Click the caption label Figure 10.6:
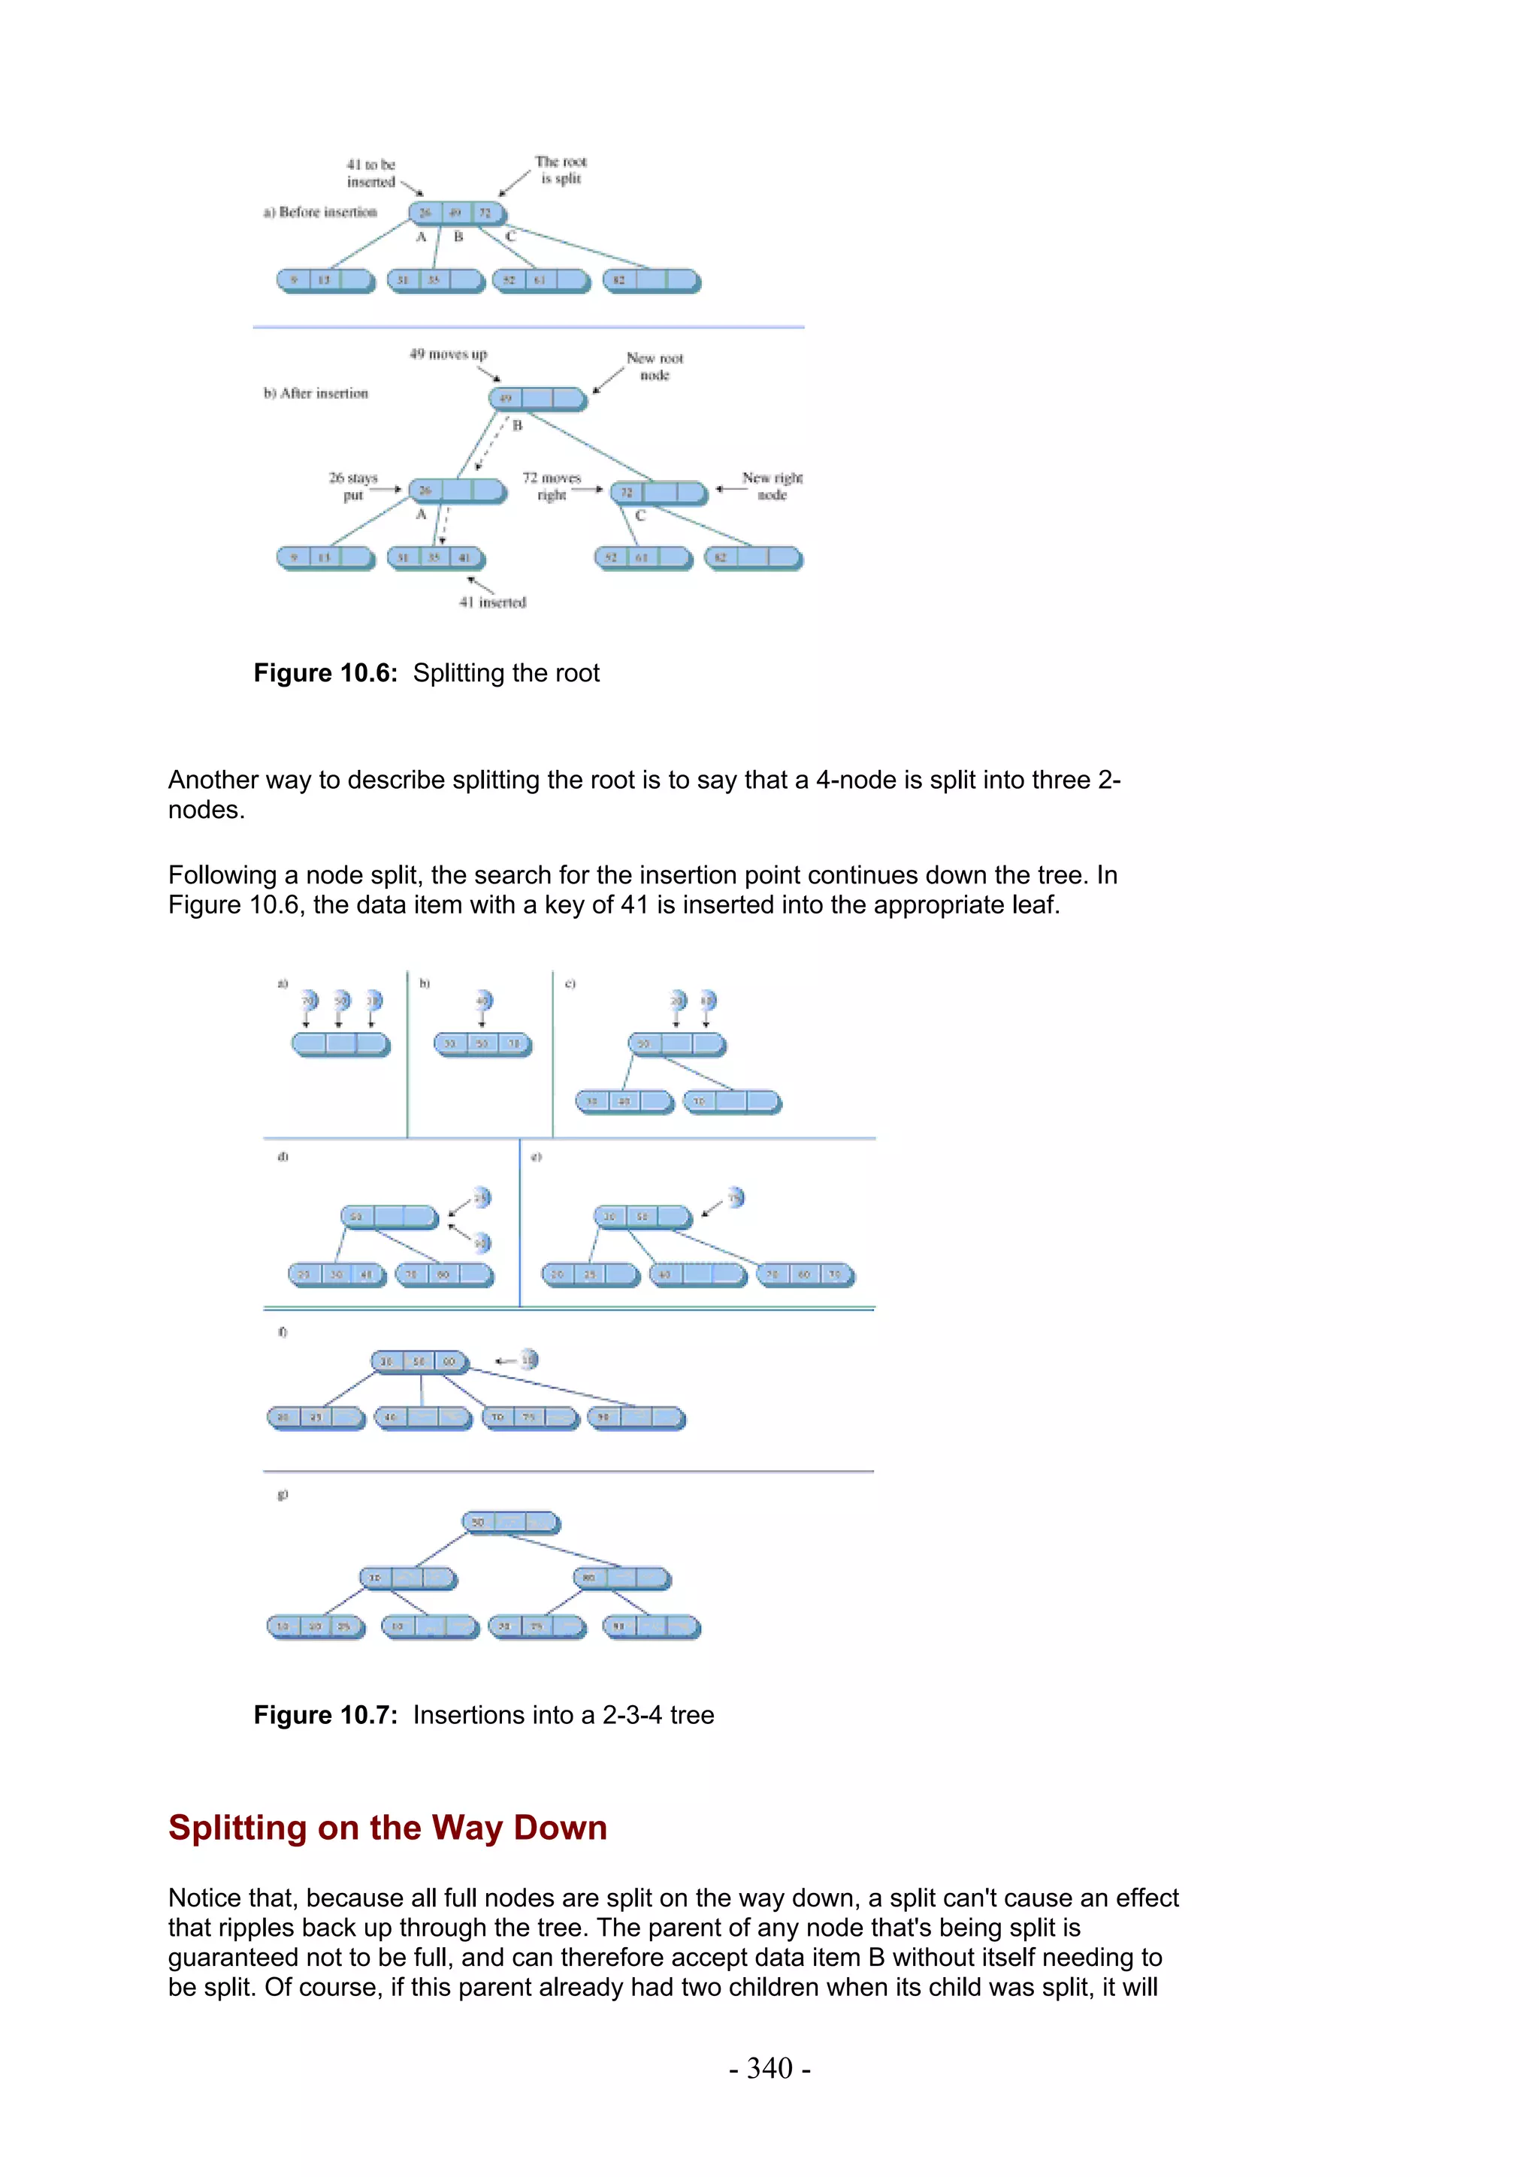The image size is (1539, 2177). click(325, 673)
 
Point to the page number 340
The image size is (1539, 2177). click(769, 2068)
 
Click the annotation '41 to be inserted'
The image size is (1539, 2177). click(370, 174)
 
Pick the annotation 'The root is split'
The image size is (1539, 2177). click(561, 170)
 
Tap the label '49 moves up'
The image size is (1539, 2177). click(448, 355)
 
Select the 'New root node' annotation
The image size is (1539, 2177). click(655, 367)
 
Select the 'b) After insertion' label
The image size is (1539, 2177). click(316, 394)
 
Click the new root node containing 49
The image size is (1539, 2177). click(537, 399)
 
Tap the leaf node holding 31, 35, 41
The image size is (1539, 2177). click(436, 558)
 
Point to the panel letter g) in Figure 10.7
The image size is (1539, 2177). click(282, 1494)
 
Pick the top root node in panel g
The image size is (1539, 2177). click(511, 1523)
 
